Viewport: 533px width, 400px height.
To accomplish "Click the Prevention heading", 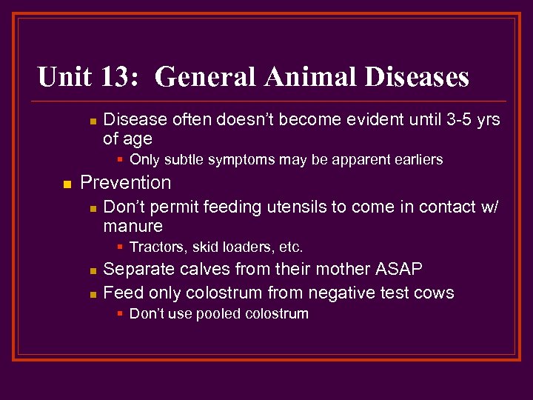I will click(x=125, y=183).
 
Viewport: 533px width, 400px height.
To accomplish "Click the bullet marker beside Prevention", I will click(x=66, y=184).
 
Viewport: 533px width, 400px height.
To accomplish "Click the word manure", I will click(x=133, y=226).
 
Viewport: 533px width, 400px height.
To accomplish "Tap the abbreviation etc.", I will click(x=289, y=247).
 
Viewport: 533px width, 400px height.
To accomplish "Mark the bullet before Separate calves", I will click(x=90, y=270).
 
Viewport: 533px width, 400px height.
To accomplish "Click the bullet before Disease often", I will click(x=90, y=121).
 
